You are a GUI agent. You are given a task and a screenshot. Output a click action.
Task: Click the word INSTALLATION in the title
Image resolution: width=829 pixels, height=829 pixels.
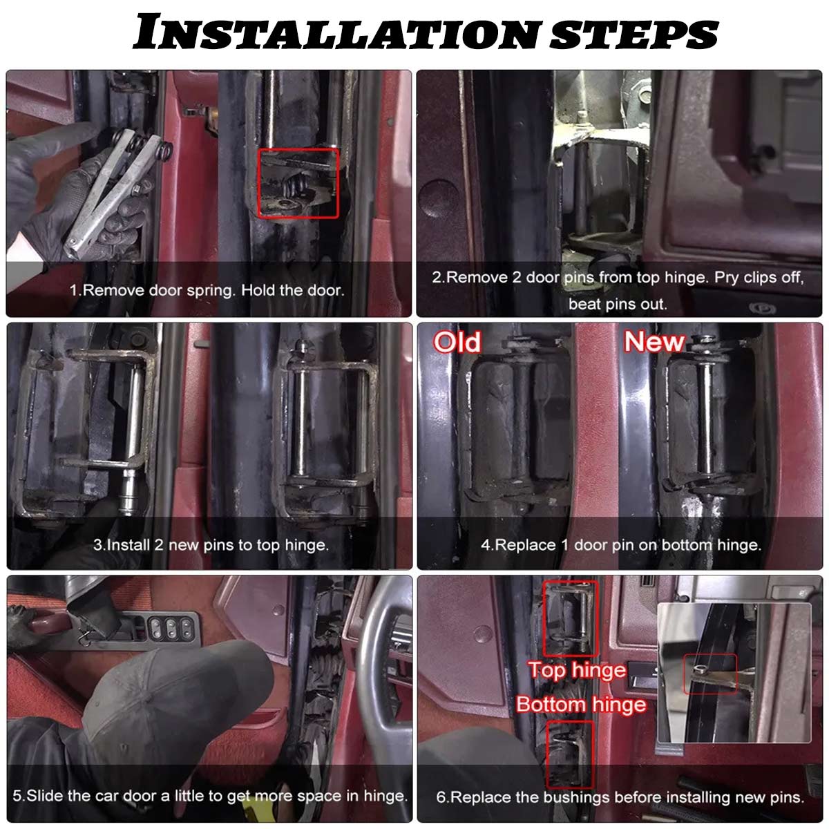337,32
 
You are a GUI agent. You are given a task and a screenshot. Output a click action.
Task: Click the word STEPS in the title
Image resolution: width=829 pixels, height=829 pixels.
635,34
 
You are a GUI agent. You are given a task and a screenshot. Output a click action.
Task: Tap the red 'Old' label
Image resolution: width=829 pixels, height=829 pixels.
457,343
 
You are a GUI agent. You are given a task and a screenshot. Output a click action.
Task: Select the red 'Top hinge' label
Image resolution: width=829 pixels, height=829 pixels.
578,670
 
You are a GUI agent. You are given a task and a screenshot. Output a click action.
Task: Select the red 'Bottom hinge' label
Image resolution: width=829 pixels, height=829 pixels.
581,704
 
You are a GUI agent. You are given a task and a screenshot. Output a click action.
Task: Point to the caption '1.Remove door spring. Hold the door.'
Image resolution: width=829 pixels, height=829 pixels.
207,290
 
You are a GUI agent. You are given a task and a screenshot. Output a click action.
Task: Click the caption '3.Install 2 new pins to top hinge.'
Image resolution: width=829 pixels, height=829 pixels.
211,545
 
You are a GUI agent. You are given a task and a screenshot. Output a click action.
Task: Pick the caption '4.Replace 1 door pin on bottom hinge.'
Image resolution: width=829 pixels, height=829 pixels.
621,545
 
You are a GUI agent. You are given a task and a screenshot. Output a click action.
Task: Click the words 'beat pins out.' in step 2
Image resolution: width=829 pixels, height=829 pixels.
618,304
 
